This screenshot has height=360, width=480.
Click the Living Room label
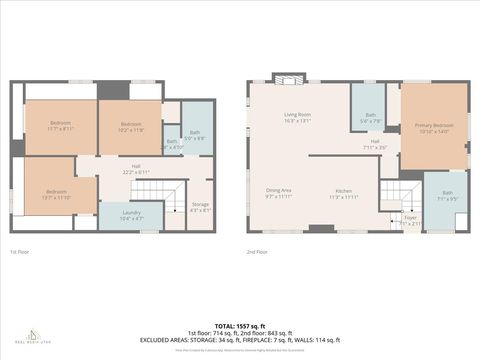[297, 117]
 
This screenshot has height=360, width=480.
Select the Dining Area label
[279, 192]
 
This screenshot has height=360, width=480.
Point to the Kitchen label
[344, 192]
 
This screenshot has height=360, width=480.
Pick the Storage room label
[200, 207]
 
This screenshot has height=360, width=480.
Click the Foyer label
[410, 219]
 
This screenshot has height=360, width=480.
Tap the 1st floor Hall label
[135, 169]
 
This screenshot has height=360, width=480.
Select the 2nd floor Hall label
[375, 144]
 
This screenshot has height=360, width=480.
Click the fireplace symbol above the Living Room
[290, 79]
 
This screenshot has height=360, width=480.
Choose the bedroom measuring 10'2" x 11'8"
[131, 126]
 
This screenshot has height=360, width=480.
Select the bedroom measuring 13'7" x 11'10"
[56, 194]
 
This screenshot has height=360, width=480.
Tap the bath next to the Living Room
[370, 118]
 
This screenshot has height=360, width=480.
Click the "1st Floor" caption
[20, 252]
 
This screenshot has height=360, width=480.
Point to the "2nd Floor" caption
[257, 252]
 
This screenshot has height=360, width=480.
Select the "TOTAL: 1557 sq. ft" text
[239, 325]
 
